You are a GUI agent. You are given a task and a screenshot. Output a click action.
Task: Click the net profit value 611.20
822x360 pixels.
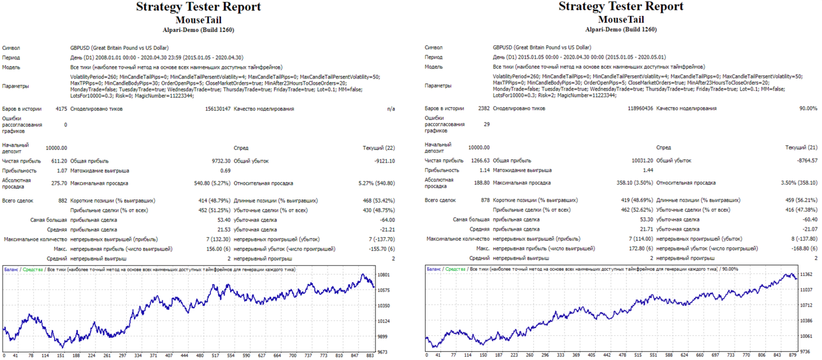(59, 161)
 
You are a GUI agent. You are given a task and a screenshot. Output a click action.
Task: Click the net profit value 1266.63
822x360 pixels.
(480, 161)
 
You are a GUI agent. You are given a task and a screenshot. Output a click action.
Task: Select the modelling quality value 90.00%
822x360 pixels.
(808, 108)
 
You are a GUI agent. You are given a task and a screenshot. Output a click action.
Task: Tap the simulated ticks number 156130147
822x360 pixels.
(218, 109)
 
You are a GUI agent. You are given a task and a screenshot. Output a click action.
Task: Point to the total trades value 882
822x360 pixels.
(62, 201)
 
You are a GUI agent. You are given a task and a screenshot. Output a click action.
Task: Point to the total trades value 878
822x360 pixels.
(485, 200)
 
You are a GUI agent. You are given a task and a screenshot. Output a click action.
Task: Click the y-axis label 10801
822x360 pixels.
(384, 275)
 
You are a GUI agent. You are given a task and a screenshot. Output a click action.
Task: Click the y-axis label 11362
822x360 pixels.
(806, 275)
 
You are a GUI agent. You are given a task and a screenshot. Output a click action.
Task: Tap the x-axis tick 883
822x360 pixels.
(370, 356)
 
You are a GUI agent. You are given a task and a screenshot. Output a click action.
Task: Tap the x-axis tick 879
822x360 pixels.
(793, 356)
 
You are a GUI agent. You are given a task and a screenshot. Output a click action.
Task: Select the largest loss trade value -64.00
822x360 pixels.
(387, 220)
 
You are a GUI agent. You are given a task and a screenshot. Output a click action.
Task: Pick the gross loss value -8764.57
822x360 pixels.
(807, 161)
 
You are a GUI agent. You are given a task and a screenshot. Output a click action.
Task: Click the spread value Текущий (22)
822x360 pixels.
(379, 148)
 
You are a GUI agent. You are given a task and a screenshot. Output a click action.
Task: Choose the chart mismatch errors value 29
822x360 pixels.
(487, 124)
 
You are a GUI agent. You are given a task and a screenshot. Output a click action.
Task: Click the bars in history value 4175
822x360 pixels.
(61, 109)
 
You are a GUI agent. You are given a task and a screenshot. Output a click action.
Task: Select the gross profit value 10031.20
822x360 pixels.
(642, 161)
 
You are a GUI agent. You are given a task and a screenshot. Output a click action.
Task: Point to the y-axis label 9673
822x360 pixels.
(382, 352)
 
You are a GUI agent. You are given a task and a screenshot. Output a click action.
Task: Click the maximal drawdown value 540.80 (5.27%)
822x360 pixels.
(212, 184)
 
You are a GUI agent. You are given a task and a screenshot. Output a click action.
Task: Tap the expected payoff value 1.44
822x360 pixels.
(648, 170)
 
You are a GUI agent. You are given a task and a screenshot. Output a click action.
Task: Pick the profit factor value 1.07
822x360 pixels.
(62, 171)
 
